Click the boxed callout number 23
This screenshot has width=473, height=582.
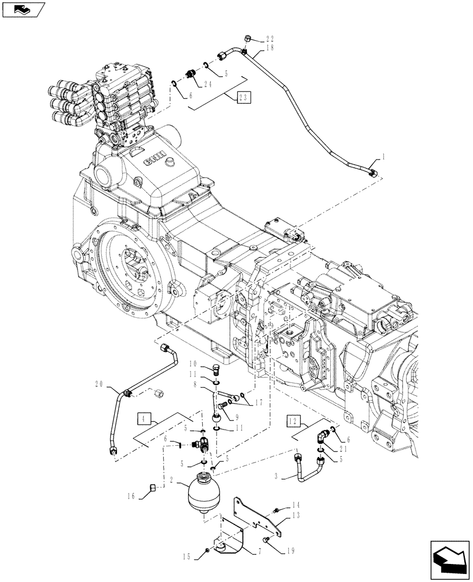click(x=243, y=98)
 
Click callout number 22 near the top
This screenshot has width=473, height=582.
click(x=269, y=39)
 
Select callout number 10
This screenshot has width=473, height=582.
click(x=192, y=365)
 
